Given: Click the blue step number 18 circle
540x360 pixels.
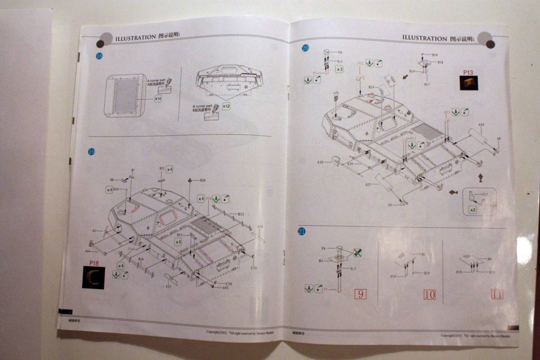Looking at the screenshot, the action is (x=99, y=56).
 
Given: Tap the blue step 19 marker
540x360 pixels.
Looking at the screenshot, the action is (x=92, y=152).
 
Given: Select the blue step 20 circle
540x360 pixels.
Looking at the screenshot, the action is (x=306, y=48).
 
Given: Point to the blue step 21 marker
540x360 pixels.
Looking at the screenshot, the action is (x=302, y=231).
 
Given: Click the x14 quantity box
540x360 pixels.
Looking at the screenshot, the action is (x=158, y=98).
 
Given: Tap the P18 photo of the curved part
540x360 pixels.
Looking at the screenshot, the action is (x=94, y=277).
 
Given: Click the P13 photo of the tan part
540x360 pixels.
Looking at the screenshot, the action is (x=468, y=82).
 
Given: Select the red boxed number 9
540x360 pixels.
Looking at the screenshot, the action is (x=360, y=294).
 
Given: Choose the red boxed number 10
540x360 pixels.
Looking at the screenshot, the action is (x=430, y=295).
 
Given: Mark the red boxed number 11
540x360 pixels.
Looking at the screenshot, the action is (x=497, y=294).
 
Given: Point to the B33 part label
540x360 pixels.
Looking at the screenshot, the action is (x=241, y=214).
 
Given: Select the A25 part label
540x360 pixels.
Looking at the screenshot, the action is (x=368, y=184).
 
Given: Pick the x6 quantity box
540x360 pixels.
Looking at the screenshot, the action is (x=178, y=242).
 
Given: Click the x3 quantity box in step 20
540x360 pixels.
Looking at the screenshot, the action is (x=339, y=69).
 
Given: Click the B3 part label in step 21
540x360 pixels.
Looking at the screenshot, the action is (x=320, y=261).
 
